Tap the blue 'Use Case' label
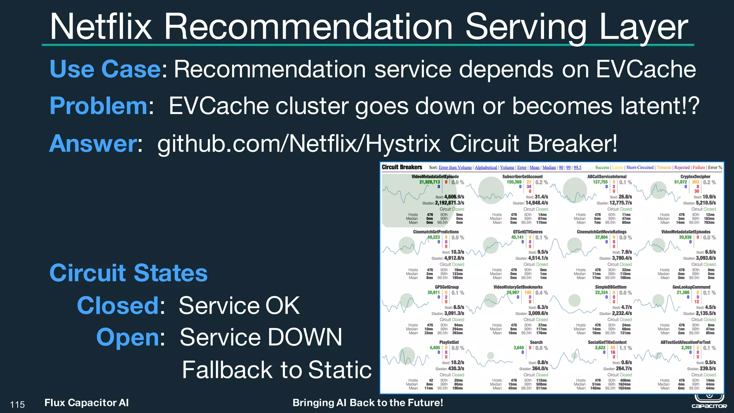click(x=105, y=69)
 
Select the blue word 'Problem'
click(x=99, y=106)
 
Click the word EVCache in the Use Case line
click(x=646, y=69)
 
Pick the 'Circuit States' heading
click(x=128, y=273)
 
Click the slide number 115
click(x=17, y=405)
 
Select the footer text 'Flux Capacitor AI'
click(x=86, y=403)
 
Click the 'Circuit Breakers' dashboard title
click(x=402, y=167)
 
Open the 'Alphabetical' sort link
click(x=486, y=167)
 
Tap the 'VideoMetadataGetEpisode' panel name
click(x=435, y=176)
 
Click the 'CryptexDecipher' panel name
click(x=695, y=176)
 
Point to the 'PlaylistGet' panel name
click(x=449, y=342)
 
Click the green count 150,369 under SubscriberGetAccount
click(x=514, y=182)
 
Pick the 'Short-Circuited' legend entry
click(x=640, y=167)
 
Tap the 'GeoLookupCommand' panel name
click(x=691, y=287)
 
